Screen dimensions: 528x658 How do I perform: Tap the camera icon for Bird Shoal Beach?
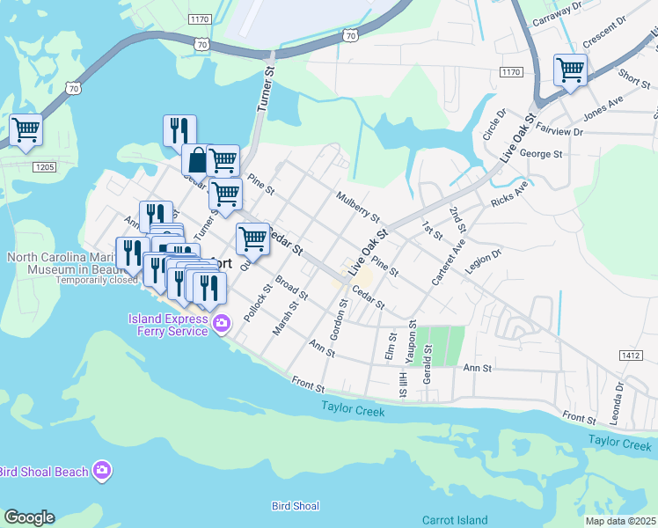click(x=103, y=471)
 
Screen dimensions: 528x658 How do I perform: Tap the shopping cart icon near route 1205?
click(x=26, y=130)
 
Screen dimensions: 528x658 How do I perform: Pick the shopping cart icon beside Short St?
click(x=571, y=70)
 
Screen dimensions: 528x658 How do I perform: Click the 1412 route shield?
click(x=630, y=356)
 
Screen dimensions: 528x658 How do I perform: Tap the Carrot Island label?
click(x=454, y=520)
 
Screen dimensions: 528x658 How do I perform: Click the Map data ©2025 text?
click(x=620, y=521)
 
